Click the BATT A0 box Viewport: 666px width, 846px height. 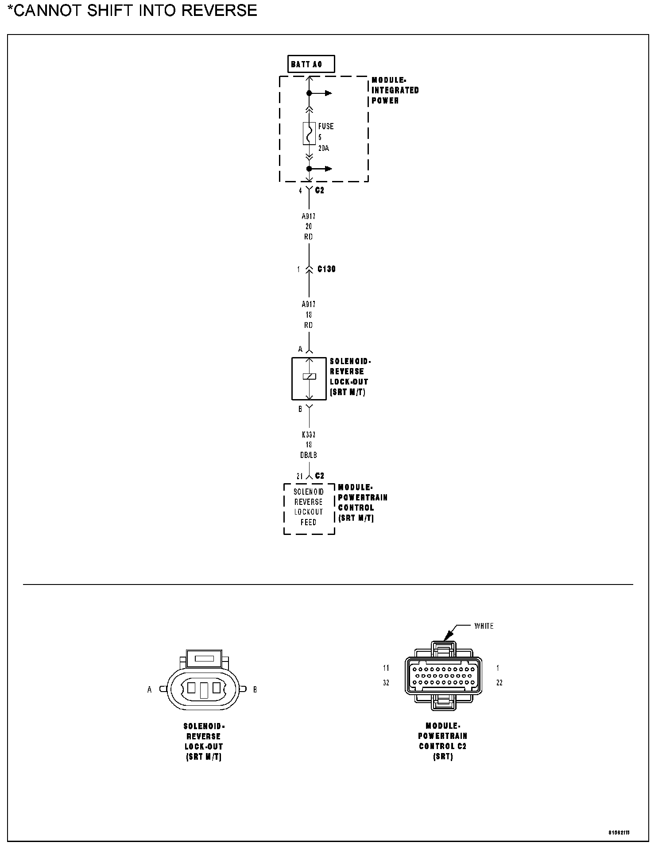(x=311, y=64)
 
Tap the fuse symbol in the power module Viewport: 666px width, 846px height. (x=309, y=133)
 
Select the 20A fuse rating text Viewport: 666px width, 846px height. (x=324, y=148)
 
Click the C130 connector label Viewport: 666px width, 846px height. (x=326, y=269)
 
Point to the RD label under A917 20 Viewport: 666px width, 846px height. (x=309, y=237)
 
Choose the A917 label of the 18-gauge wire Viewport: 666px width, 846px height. (x=309, y=304)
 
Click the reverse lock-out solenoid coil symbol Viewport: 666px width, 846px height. (x=309, y=377)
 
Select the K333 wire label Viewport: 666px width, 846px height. (x=309, y=435)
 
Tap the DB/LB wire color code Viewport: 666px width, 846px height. (x=309, y=455)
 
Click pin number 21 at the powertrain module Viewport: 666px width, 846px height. (x=300, y=476)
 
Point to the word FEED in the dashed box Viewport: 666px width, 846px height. (x=309, y=522)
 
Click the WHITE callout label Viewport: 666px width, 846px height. (x=484, y=626)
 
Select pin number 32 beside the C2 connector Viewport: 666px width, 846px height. (x=386, y=683)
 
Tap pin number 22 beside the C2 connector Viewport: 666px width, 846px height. (x=499, y=683)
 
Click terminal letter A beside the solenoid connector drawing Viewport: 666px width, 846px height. (x=150, y=689)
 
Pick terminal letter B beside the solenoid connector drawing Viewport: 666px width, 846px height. (x=255, y=689)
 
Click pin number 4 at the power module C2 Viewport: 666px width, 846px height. (x=300, y=191)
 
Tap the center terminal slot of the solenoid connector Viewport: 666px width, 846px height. (x=204, y=690)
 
